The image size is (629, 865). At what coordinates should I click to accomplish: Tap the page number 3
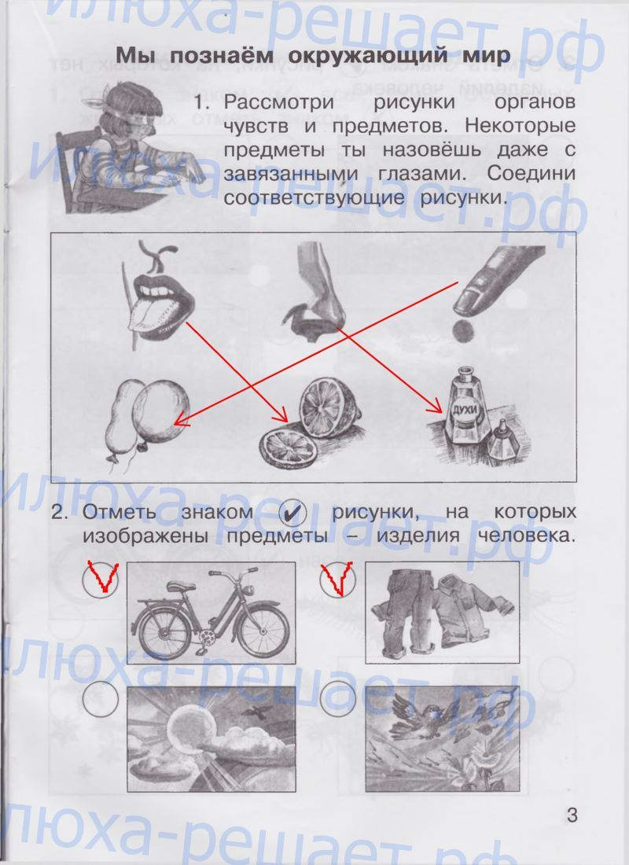click(x=572, y=814)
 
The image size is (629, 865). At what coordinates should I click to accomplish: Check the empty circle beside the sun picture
click(x=100, y=698)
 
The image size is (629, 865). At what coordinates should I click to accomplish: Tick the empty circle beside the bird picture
click(x=337, y=698)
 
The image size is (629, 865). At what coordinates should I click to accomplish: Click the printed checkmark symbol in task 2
click(x=292, y=513)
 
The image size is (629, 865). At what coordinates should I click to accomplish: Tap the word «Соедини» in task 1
click(x=531, y=174)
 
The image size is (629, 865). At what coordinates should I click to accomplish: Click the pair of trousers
click(x=399, y=610)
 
